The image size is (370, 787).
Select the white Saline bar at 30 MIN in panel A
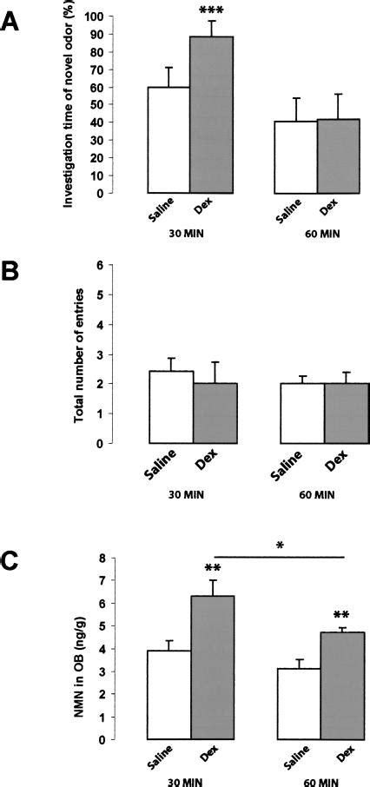168,140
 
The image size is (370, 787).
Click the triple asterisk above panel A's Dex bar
211,10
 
